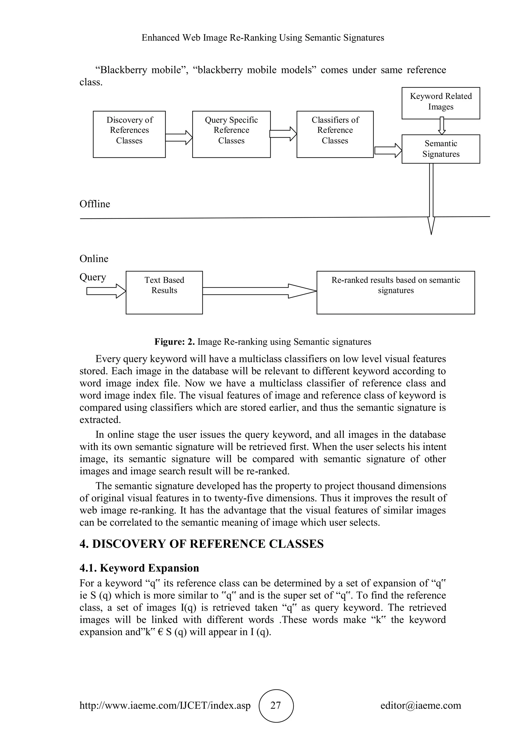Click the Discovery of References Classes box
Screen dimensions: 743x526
click(x=129, y=134)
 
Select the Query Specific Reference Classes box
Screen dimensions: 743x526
click(x=231, y=134)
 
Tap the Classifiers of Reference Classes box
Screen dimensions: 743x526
click(x=335, y=134)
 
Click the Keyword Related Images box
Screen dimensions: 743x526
click(x=440, y=103)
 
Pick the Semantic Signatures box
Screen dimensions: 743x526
click(x=440, y=149)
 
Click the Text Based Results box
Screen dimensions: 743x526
click(x=164, y=292)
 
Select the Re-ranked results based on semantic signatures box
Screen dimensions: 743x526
click(x=396, y=292)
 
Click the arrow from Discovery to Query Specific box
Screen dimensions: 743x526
click(x=179, y=138)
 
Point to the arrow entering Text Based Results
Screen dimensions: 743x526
click(x=106, y=291)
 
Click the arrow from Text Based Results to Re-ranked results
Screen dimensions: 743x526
click(x=259, y=291)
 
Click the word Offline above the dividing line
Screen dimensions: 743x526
click(x=95, y=204)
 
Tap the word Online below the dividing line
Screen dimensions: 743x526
click(x=94, y=259)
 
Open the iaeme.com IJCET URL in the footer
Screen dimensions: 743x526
click(x=165, y=706)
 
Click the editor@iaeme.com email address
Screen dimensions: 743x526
click(x=420, y=706)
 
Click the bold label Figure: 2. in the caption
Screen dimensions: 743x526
click(x=174, y=342)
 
